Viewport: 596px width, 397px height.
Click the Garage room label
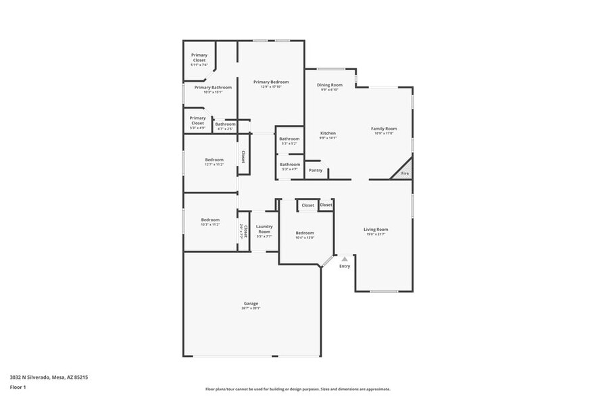251,303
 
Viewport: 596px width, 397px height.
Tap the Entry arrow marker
345,259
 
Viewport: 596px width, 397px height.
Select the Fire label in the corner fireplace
405,174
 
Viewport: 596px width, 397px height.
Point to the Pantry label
316,170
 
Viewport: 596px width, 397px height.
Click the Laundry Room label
264,229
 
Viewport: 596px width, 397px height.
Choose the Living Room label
376,230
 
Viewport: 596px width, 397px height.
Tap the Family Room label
383,128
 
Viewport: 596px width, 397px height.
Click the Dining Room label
330,85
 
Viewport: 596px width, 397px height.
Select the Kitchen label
328,133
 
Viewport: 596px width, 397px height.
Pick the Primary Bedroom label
271,82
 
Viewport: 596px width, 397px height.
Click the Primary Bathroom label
213,87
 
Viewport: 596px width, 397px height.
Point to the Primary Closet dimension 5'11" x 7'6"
199,65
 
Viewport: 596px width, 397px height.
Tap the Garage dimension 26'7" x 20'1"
251,309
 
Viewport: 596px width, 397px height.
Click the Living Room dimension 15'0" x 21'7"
376,234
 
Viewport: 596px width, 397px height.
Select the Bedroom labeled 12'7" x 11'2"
214,160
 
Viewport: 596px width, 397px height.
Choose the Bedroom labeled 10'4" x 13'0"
305,233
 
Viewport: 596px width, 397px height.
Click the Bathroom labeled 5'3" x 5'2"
289,139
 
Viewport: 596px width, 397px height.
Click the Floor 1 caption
18,387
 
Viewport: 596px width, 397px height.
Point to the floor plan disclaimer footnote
297,389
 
